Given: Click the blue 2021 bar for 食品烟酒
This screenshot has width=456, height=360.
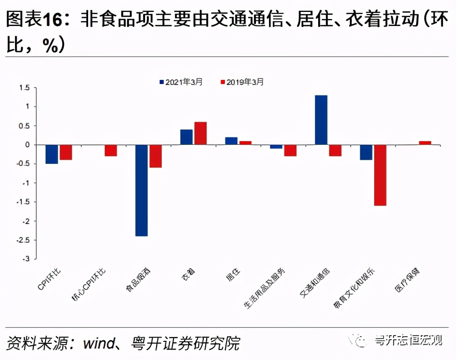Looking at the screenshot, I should (x=141, y=190).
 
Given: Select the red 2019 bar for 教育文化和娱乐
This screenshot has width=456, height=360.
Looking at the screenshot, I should (x=380, y=175).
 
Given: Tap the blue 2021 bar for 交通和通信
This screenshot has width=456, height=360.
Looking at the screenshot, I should (x=321, y=120).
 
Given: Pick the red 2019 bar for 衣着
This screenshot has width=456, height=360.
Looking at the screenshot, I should (x=200, y=133).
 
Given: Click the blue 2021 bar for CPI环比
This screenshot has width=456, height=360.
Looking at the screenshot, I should (x=51, y=154).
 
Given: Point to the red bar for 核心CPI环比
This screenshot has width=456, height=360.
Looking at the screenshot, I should (x=110, y=150).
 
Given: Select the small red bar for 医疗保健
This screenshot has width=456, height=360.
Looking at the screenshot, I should (x=425, y=143).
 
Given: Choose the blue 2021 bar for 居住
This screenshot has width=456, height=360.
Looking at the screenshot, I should (x=231, y=141).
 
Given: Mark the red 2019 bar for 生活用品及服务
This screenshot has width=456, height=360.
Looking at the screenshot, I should (x=290, y=150).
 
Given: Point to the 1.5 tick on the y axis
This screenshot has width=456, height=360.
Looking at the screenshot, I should (x=24, y=88).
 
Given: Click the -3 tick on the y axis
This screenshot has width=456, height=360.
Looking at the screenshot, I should (x=27, y=259).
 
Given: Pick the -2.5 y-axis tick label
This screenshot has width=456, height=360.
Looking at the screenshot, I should (x=23, y=240).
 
